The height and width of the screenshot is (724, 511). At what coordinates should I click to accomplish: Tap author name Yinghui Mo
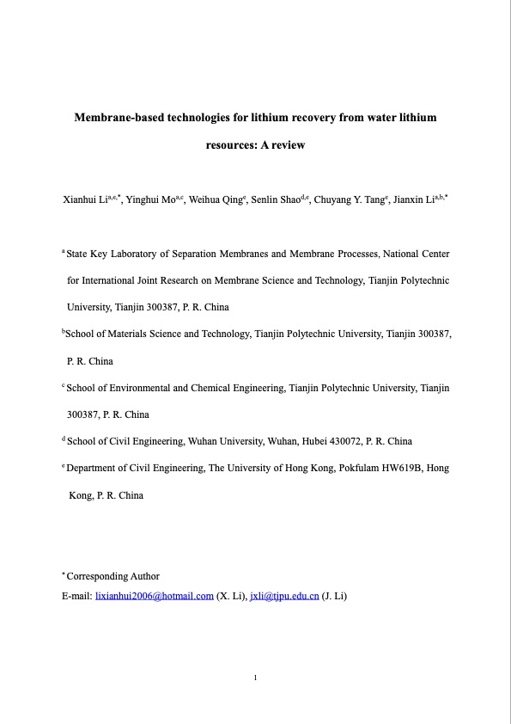pyautogui.click(x=151, y=199)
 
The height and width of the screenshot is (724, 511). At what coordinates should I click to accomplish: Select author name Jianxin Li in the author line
pyautogui.click(x=412, y=199)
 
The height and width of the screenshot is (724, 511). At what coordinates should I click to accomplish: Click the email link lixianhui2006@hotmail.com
pyautogui.click(x=154, y=595)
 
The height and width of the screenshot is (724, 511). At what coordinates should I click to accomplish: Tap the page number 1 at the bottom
pyautogui.click(x=256, y=679)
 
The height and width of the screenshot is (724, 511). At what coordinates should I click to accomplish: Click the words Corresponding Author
pyautogui.click(x=113, y=576)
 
